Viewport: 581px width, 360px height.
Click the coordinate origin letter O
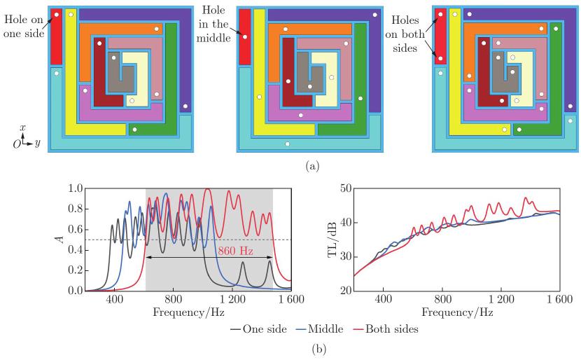click(16, 144)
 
